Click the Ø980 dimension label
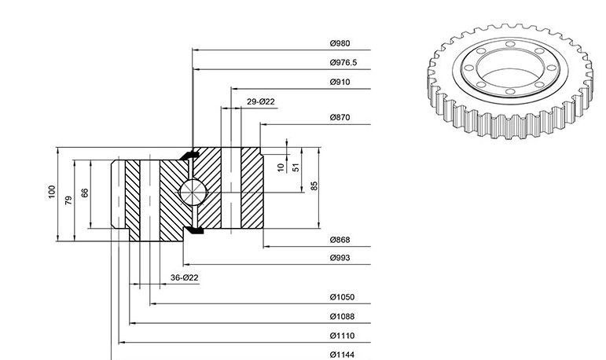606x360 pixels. (340, 43)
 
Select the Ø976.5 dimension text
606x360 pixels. (343, 63)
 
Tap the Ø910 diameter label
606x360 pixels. (340, 82)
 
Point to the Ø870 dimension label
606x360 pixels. (340, 118)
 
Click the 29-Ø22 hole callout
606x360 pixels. (260, 101)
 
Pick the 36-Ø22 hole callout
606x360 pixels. (185, 277)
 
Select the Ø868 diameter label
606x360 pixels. (340, 240)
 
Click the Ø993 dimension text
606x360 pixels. (340, 258)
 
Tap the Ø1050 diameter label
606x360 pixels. (342, 297)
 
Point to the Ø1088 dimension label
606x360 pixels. (342, 317)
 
